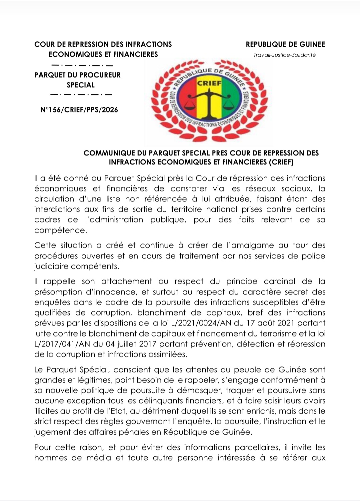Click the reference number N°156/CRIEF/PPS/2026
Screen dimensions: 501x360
pos(79,110)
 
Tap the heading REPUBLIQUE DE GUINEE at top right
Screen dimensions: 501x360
pos(285,44)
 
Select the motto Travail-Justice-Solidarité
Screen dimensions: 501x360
pos(284,55)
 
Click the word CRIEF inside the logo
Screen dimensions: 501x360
pos(209,83)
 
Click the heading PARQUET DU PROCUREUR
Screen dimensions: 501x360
pos(77,75)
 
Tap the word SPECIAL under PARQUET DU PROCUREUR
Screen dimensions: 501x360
pos(81,85)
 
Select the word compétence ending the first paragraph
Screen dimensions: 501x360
pos(60,230)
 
